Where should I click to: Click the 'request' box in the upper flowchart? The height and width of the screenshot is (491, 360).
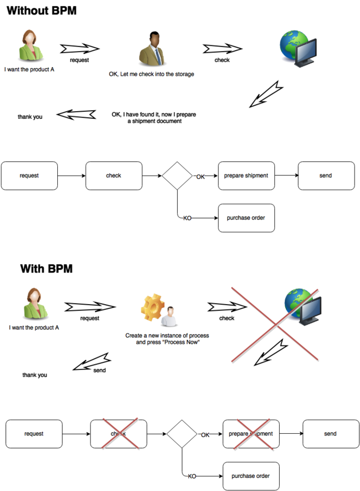click(29, 175)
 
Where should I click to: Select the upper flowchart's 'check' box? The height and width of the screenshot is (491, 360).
click(113, 175)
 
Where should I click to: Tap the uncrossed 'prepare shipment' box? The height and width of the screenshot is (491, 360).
click(246, 175)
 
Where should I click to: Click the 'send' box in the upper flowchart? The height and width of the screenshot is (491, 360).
click(326, 175)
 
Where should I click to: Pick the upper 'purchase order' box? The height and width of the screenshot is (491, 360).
click(246, 218)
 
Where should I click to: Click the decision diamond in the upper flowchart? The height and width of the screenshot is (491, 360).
click(177, 175)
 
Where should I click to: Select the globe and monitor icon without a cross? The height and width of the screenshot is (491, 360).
click(298, 48)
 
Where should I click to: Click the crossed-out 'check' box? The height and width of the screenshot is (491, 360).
click(118, 434)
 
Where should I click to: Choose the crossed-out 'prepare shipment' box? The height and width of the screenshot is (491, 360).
click(251, 434)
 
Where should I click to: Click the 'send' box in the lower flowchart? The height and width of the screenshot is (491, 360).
click(331, 434)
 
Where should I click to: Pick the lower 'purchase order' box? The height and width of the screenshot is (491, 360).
click(251, 476)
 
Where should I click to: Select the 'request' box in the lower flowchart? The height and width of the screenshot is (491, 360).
click(34, 434)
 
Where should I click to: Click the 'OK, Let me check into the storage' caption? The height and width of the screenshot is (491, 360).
click(152, 74)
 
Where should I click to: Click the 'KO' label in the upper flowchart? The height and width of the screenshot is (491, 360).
click(187, 219)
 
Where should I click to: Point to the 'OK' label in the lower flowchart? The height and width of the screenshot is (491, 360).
click(205, 435)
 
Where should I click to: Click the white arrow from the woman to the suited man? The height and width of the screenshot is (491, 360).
click(80, 49)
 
